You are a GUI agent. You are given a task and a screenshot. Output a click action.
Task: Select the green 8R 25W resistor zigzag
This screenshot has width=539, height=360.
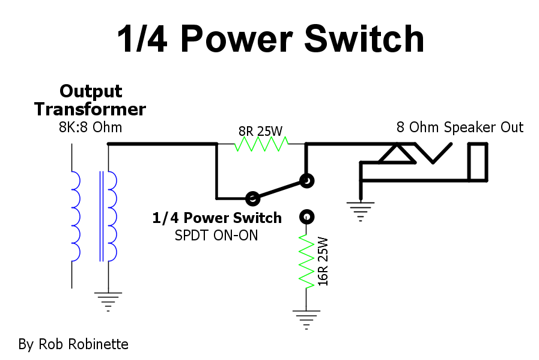[261, 144]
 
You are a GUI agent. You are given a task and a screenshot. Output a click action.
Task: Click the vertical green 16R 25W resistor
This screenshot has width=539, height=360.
[307, 262]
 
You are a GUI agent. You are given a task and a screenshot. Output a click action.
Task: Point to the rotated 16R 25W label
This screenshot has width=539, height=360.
[323, 261]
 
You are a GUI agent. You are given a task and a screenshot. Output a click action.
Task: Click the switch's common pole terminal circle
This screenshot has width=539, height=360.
[253, 197]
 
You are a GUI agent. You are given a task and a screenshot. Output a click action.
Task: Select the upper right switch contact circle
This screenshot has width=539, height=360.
[306, 179]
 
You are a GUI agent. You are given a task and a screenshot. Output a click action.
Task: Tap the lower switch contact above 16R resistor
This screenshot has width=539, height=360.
[307, 216]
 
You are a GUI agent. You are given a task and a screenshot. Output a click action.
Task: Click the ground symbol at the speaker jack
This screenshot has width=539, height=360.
[361, 210]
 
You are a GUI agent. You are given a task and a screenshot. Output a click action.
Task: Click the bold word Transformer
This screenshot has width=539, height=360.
[90, 109]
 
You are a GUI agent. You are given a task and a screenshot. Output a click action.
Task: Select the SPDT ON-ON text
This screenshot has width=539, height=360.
[217, 235]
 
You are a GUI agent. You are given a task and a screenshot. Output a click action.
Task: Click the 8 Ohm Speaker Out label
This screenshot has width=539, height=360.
[460, 127]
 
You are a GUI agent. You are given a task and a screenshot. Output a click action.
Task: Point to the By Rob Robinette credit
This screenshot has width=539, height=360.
[73, 344]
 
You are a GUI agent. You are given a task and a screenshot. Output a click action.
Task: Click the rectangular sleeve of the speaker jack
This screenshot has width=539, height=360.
[478, 162]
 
